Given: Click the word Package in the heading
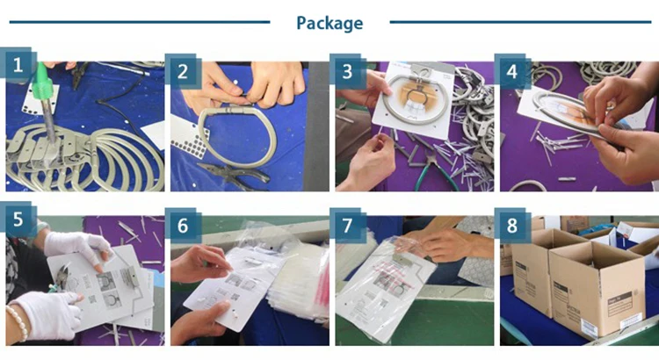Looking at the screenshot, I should click(329, 23).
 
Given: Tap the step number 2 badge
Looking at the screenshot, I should click(184, 72).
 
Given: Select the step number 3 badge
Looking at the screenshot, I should click(348, 72).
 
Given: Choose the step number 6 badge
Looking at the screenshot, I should click(184, 226).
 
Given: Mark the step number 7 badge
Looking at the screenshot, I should click(348, 226).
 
